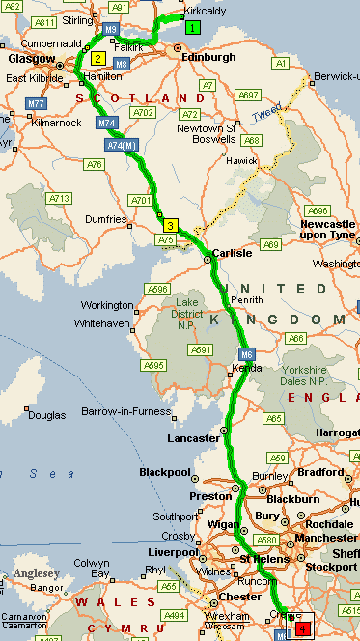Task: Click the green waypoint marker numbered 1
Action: coord(193,27)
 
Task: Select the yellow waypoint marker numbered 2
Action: coord(98,58)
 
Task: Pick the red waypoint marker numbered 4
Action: coord(303,627)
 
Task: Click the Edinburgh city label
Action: coord(209,57)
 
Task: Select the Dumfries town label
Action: coord(107,219)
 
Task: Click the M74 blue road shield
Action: coord(105,124)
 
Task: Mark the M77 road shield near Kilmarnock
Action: coord(37,102)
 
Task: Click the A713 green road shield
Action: coord(60,198)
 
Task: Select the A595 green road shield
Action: coord(152,365)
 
